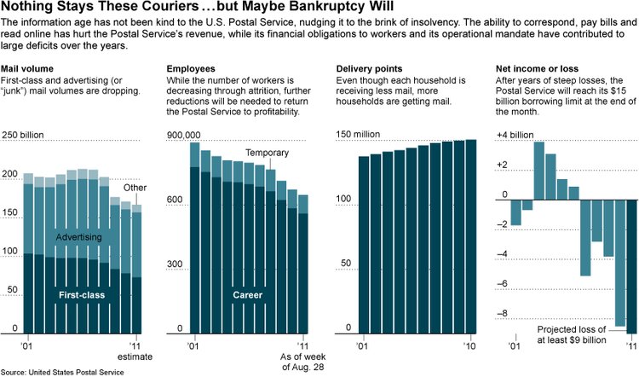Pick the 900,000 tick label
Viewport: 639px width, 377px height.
(182, 135)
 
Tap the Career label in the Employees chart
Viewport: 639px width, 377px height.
(248, 295)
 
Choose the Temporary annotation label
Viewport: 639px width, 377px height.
(267, 153)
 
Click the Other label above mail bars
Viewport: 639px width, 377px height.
(135, 188)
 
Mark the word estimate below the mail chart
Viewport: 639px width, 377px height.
(135, 358)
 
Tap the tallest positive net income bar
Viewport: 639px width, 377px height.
(538, 169)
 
